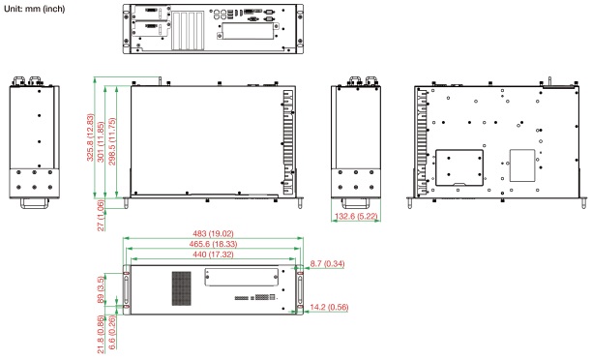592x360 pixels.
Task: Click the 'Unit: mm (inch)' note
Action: click(35, 9)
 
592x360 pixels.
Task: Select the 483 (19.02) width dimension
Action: click(213, 234)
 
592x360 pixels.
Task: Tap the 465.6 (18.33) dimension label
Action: click(213, 244)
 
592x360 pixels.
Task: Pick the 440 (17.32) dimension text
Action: click(213, 255)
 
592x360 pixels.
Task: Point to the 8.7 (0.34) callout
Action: click(327, 263)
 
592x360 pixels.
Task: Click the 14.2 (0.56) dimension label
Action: click(329, 307)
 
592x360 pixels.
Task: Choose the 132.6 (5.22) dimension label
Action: click(356, 216)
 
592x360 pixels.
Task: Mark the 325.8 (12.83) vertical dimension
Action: click(90, 137)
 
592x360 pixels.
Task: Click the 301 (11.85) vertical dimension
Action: click(101, 141)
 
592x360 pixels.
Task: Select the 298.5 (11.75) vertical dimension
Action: click(112, 141)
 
